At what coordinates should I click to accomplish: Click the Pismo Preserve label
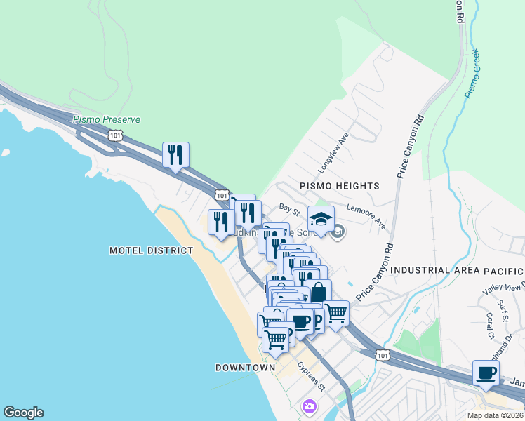tap(107, 119)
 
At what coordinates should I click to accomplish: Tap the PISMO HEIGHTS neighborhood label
tap(340, 186)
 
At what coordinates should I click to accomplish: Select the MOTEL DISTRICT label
tap(151, 250)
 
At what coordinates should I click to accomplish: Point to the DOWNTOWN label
tap(245, 368)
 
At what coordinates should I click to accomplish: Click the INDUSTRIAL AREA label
tap(430, 270)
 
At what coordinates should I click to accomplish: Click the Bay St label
tap(289, 208)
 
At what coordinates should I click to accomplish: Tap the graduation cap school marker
tap(321, 220)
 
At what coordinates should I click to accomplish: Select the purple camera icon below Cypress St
tap(309, 406)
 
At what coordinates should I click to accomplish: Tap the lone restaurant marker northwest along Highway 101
tap(175, 155)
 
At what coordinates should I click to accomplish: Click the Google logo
tap(23, 413)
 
